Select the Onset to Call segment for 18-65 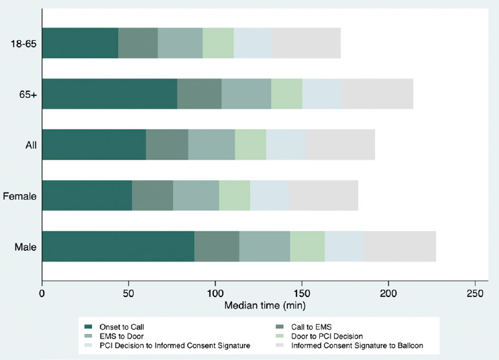[x=80, y=43]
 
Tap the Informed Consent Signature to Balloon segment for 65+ [x=378, y=94]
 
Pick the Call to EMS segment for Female [x=152, y=196]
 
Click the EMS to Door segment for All [x=211, y=145]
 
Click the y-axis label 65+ [x=27, y=95]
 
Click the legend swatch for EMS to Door [x=87, y=336]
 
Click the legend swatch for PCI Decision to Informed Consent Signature [x=87, y=345]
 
